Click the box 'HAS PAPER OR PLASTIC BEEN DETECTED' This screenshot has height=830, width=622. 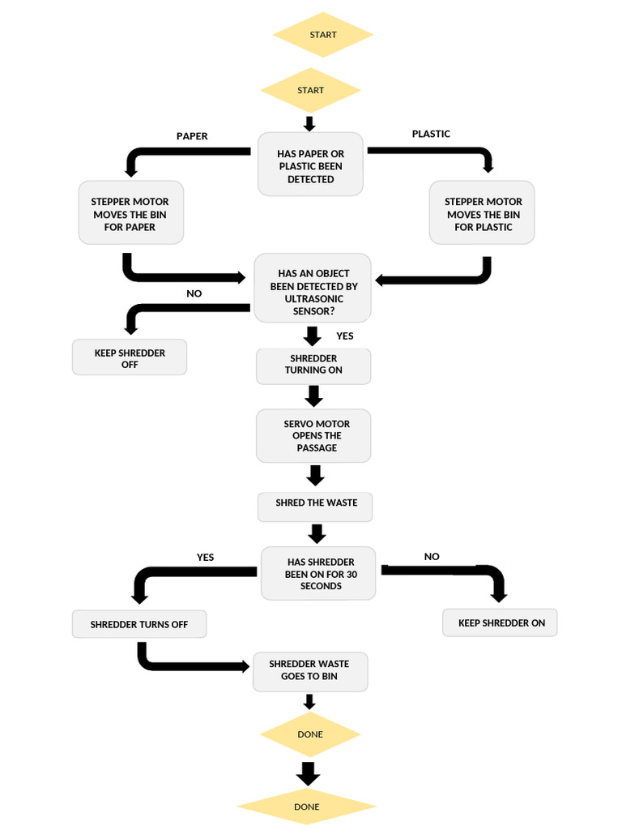tap(310, 165)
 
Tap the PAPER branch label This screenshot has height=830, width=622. tap(192, 136)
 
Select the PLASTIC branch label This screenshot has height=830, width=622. tap(431, 134)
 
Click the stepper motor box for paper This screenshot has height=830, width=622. tap(130, 213)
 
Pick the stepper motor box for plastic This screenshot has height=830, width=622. tap(483, 213)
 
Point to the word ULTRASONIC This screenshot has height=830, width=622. tap(313, 298)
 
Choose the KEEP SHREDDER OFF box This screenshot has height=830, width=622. tap(130, 358)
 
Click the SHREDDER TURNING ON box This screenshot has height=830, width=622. tap(313, 365)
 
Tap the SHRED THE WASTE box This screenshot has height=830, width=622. tap(316, 503)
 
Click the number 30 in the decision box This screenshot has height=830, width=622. tap(351, 574)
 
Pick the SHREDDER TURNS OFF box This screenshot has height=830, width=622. tap(138, 625)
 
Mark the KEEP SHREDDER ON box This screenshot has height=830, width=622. tap(501, 623)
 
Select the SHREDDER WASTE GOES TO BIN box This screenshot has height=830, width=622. tap(309, 670)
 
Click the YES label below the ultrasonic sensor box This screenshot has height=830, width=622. tap(345, 336)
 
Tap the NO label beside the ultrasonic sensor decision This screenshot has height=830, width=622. tap(194, 293)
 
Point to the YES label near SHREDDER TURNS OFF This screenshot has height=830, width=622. tap(205, 558)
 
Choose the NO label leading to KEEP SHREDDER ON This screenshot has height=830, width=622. tap(432, 557)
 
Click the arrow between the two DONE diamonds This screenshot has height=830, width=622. tap(307, 772)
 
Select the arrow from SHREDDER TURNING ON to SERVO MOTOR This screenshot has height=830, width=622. tap(314, 396)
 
